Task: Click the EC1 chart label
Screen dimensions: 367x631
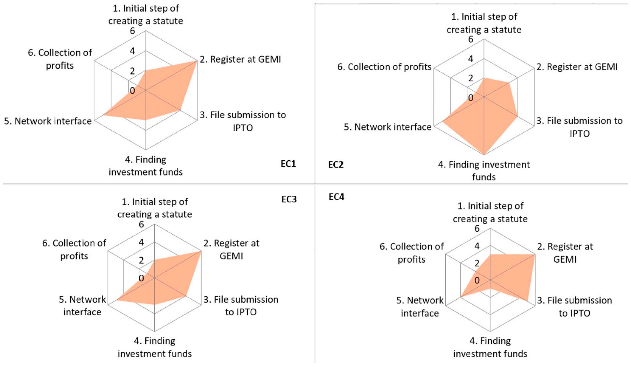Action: (x=288, y=164)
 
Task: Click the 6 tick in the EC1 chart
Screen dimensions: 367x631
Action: (x=132, y=31)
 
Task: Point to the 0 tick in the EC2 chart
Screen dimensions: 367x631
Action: (x=471, y=98)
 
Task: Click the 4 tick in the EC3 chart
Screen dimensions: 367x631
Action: (x=141, y=242)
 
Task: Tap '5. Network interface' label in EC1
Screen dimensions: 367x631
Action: (x=48, y=121)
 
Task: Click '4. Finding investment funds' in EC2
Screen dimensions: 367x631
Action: (x=484, y=171)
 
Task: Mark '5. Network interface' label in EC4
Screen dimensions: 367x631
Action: (x=420, y=307)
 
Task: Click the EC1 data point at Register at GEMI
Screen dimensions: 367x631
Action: (x=196, y=61)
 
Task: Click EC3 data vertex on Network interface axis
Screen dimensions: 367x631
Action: (x=117, y=300)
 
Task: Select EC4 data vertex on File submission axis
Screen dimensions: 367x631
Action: (x=528, y=301)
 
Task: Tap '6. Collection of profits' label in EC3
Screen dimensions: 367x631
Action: (x=74, y=250)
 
